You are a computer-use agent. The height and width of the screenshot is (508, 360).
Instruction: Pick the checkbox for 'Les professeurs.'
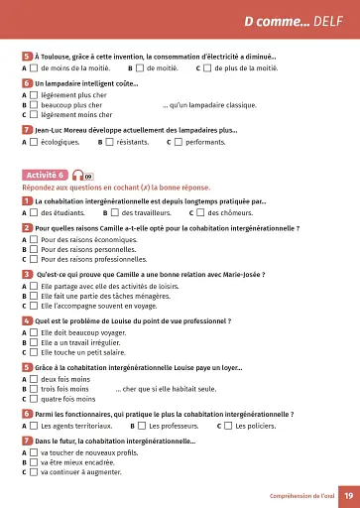[x=141, y=426]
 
